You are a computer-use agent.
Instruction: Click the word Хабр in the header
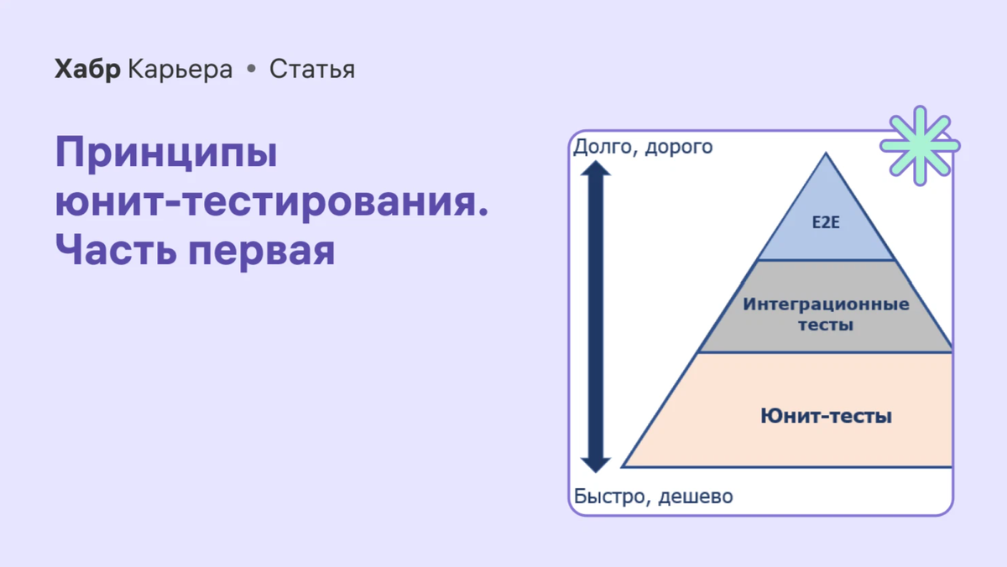click(x=88, y=70)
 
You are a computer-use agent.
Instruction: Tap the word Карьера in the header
click(x=180, y=70)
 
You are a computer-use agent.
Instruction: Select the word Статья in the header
click(x=312, y=70)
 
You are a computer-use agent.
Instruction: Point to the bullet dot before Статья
click(x=251, y=70)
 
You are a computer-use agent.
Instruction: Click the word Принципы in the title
click(x=166, y=153)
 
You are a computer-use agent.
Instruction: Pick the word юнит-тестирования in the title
click(x=271, y=202)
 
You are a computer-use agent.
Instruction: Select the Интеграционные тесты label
click(x=826, y=314)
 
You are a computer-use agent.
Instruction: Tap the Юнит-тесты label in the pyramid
click(x=826, y=415)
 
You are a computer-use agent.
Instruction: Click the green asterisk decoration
click(x=920, y=145)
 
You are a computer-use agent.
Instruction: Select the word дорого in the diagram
click(x=680, y=148)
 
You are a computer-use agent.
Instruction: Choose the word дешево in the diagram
click(x=696, y=497)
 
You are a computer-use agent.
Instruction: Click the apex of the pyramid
click(x=827, y=154)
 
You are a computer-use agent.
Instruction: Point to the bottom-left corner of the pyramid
click(x=624, y=466)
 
